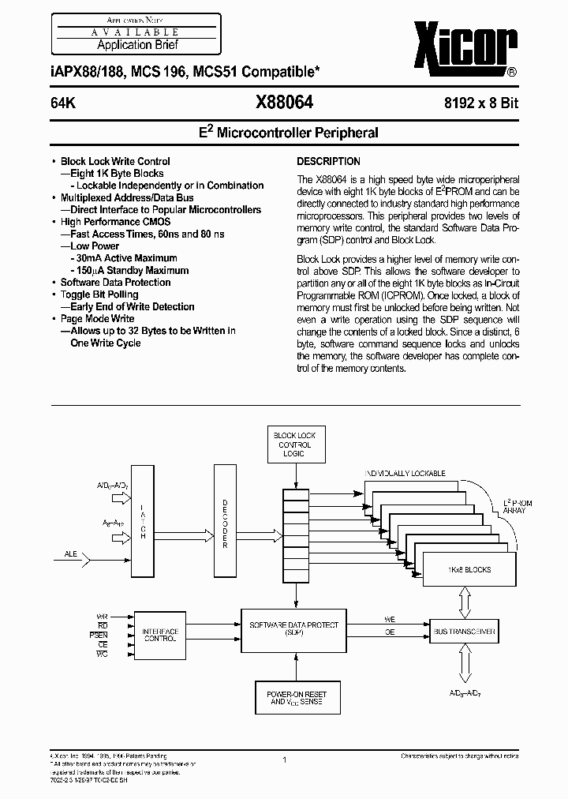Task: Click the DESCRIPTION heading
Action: point(329,161)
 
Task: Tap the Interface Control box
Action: point(160,636)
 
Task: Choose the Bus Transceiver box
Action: point(464,632)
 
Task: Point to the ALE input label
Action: point(71,555)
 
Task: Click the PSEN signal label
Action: point(99,633)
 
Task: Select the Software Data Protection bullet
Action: point(115,282)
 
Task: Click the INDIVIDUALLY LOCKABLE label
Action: point(405,474)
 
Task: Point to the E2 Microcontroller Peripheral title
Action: point(285,133)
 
